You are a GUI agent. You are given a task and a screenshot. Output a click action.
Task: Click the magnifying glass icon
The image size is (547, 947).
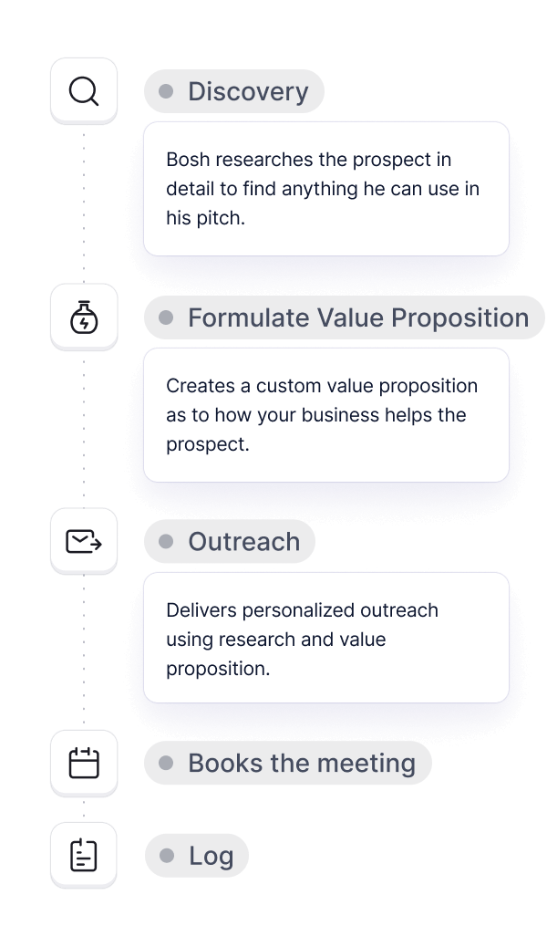pos(83,91)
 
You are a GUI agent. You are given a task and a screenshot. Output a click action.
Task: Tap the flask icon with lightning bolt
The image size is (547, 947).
pos(84,317)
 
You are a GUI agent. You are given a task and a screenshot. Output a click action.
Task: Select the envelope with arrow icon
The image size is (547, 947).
pos(84,541)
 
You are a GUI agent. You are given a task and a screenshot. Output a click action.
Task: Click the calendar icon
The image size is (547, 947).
pos(84,763)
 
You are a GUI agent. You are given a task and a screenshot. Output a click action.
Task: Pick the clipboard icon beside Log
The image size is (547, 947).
pos(84,855)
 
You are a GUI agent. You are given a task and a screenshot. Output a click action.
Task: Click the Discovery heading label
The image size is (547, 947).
pos(248,91)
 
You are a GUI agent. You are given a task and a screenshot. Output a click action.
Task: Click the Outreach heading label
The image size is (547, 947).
pos(244,542)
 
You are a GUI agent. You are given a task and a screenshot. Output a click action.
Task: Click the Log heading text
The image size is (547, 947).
pos(211,856)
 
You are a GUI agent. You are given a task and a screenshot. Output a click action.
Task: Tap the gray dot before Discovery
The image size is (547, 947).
pos(166,91)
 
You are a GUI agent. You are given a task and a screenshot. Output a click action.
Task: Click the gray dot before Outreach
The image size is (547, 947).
pos(166,542)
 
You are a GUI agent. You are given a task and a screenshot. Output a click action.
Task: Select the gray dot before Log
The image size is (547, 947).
pos(167,856)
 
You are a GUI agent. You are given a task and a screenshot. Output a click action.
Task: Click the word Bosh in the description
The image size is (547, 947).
pos(188,160)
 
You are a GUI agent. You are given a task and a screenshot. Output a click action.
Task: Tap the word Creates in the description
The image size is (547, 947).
pos(201,386)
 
